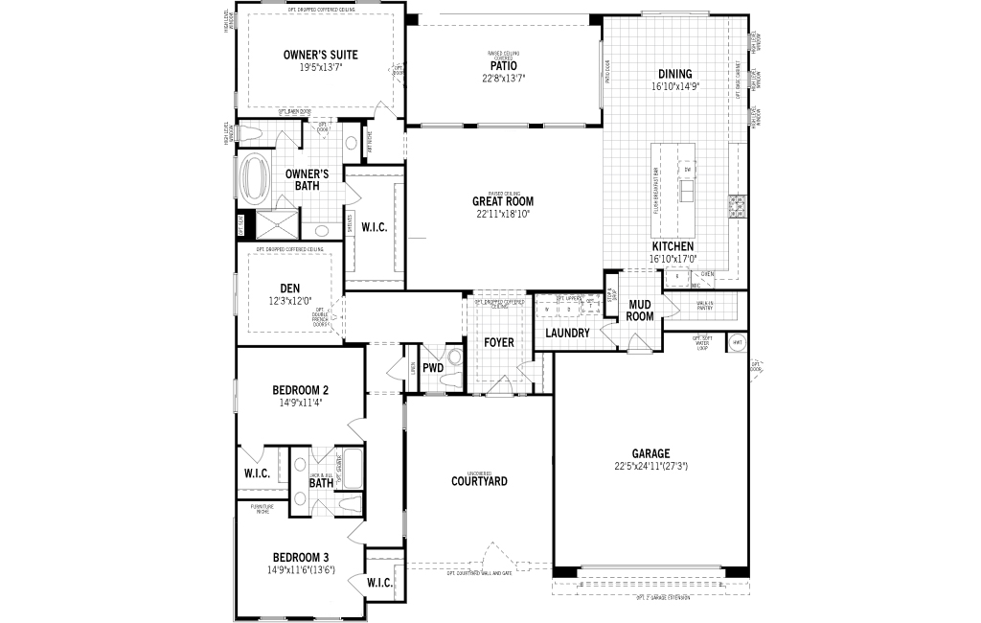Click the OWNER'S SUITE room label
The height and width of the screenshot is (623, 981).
pyautogui.click(x=319, y=55)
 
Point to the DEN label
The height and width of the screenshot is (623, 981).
pyautogui.click(x=290, y=288)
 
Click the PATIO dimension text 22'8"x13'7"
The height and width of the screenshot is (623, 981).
pyautogui.click(x=503, y=78)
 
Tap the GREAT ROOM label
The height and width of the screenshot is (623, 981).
pyautogui.click(x=503, y=201)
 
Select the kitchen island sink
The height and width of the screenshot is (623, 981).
pyautogui.click(x=687, y=192)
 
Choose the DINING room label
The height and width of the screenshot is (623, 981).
pyautogui.click(x=675, y=74)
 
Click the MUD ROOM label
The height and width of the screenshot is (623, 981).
pyautogui.click(x=640, y=310)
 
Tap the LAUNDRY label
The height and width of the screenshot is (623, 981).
pyautogui.click(x=568, y=333)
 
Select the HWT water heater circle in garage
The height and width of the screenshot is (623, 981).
pyautogui.click(x=737, y=343)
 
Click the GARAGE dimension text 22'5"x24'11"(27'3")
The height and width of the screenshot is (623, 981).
pyautogui.click(x=650, y=466)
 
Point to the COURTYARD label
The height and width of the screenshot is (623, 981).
pyautogui.click(x=479, y=481)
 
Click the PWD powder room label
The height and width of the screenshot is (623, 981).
pyautogui.click(x=433, y=367)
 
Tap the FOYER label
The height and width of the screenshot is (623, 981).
pyautogui.click(x=498, y=342)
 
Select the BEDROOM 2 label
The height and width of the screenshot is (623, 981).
pyautogui.click(x=300, y=390)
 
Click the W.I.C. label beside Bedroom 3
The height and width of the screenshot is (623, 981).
pyautogui.click(x=379, y=582)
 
